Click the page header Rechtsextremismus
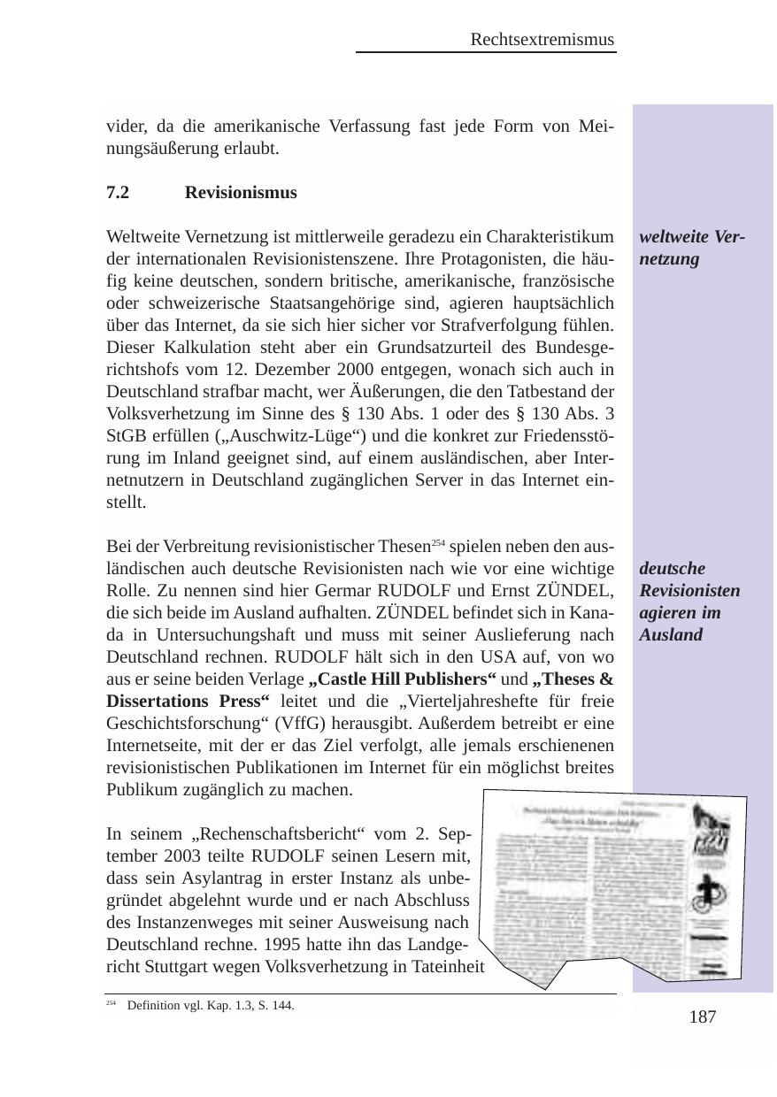[542, 39]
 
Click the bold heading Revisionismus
[241, 193]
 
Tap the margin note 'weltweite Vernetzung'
[691, 248]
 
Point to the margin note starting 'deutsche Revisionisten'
[689, 601]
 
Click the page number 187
[702, 1017]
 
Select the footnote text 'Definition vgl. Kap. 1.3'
[211, 1006]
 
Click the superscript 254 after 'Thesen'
[438, 542]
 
